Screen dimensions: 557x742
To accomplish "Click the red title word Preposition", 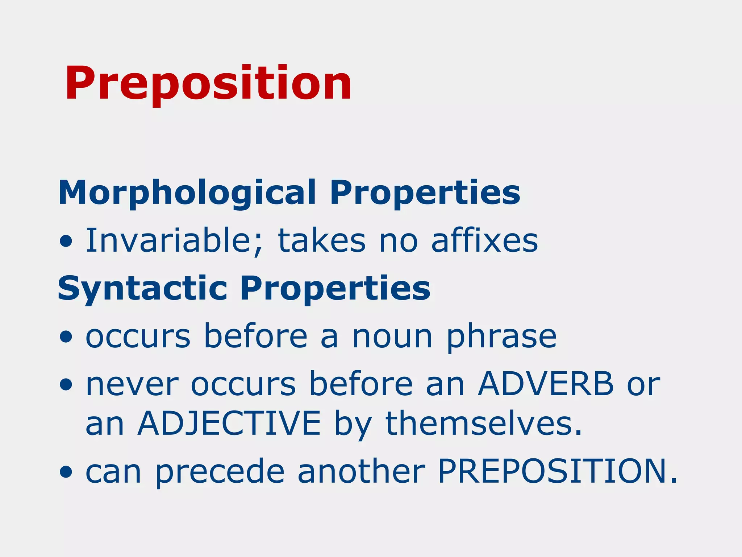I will tap(208, 84).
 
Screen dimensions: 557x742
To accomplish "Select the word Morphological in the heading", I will tap(187, 193).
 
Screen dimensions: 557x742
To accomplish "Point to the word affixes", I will tap(484, 240).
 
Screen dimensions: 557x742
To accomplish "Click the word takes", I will tap(322, 240).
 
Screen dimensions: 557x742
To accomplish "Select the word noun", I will tap(392, 337).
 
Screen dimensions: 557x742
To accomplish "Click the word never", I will tap(132, 384).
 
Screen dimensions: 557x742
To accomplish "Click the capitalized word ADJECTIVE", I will tap(229, 423).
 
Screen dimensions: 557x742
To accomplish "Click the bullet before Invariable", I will tap(66, 242).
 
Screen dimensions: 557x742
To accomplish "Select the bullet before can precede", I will tap(66, 473).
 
